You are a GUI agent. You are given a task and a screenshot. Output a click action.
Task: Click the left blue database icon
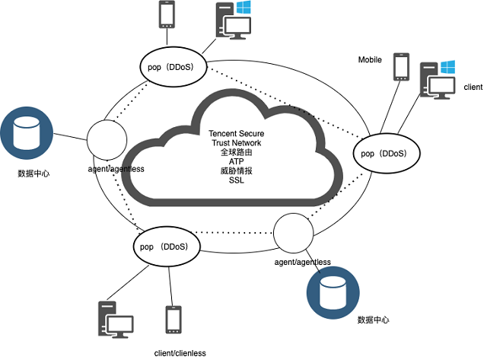[27, 132]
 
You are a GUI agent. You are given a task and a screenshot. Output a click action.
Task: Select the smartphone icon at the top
[166, 15]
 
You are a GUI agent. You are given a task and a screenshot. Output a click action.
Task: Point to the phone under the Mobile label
[401, 67]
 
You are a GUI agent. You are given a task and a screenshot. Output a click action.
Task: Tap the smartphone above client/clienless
[173, 320]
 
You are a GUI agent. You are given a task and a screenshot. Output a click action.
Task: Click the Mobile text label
[371, 59]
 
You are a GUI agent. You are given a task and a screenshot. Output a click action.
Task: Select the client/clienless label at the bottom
[180, 352]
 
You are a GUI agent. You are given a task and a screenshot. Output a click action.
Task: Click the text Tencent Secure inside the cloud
[237, 134]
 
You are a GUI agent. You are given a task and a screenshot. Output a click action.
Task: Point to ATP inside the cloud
[237, 161]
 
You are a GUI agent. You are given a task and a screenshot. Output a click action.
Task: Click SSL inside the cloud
[237, 180]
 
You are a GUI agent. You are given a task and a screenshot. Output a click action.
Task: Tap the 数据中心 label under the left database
[33, 174]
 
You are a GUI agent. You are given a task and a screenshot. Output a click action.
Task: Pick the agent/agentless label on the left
[110, 167]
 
